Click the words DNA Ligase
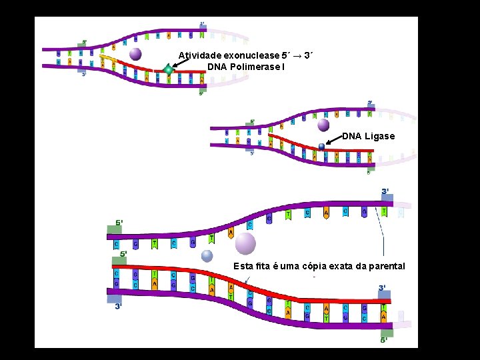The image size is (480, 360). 369,136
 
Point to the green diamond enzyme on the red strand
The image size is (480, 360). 169,69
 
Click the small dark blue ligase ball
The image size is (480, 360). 321,147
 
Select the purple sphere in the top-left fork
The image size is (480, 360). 135,54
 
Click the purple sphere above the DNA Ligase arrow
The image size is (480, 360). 323,125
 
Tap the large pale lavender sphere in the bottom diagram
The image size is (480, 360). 245,243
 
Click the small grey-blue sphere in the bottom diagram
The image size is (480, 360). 207,255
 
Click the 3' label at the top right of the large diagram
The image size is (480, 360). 385,191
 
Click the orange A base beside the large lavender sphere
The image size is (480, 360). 231,233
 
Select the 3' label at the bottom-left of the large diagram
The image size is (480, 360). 118,306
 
